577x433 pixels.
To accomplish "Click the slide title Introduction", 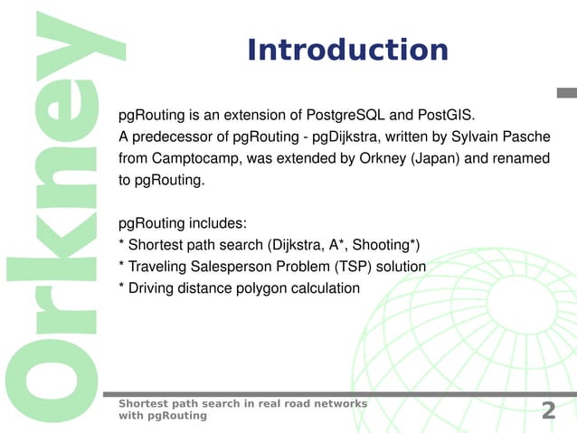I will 347,50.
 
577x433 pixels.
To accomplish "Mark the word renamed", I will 521,159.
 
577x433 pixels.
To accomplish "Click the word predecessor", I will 169,137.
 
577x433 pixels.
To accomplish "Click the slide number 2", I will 548,410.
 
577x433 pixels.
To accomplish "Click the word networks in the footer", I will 337,403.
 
